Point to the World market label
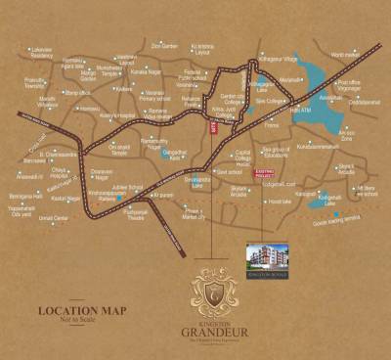pyautogui.click(x=346, y=57)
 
